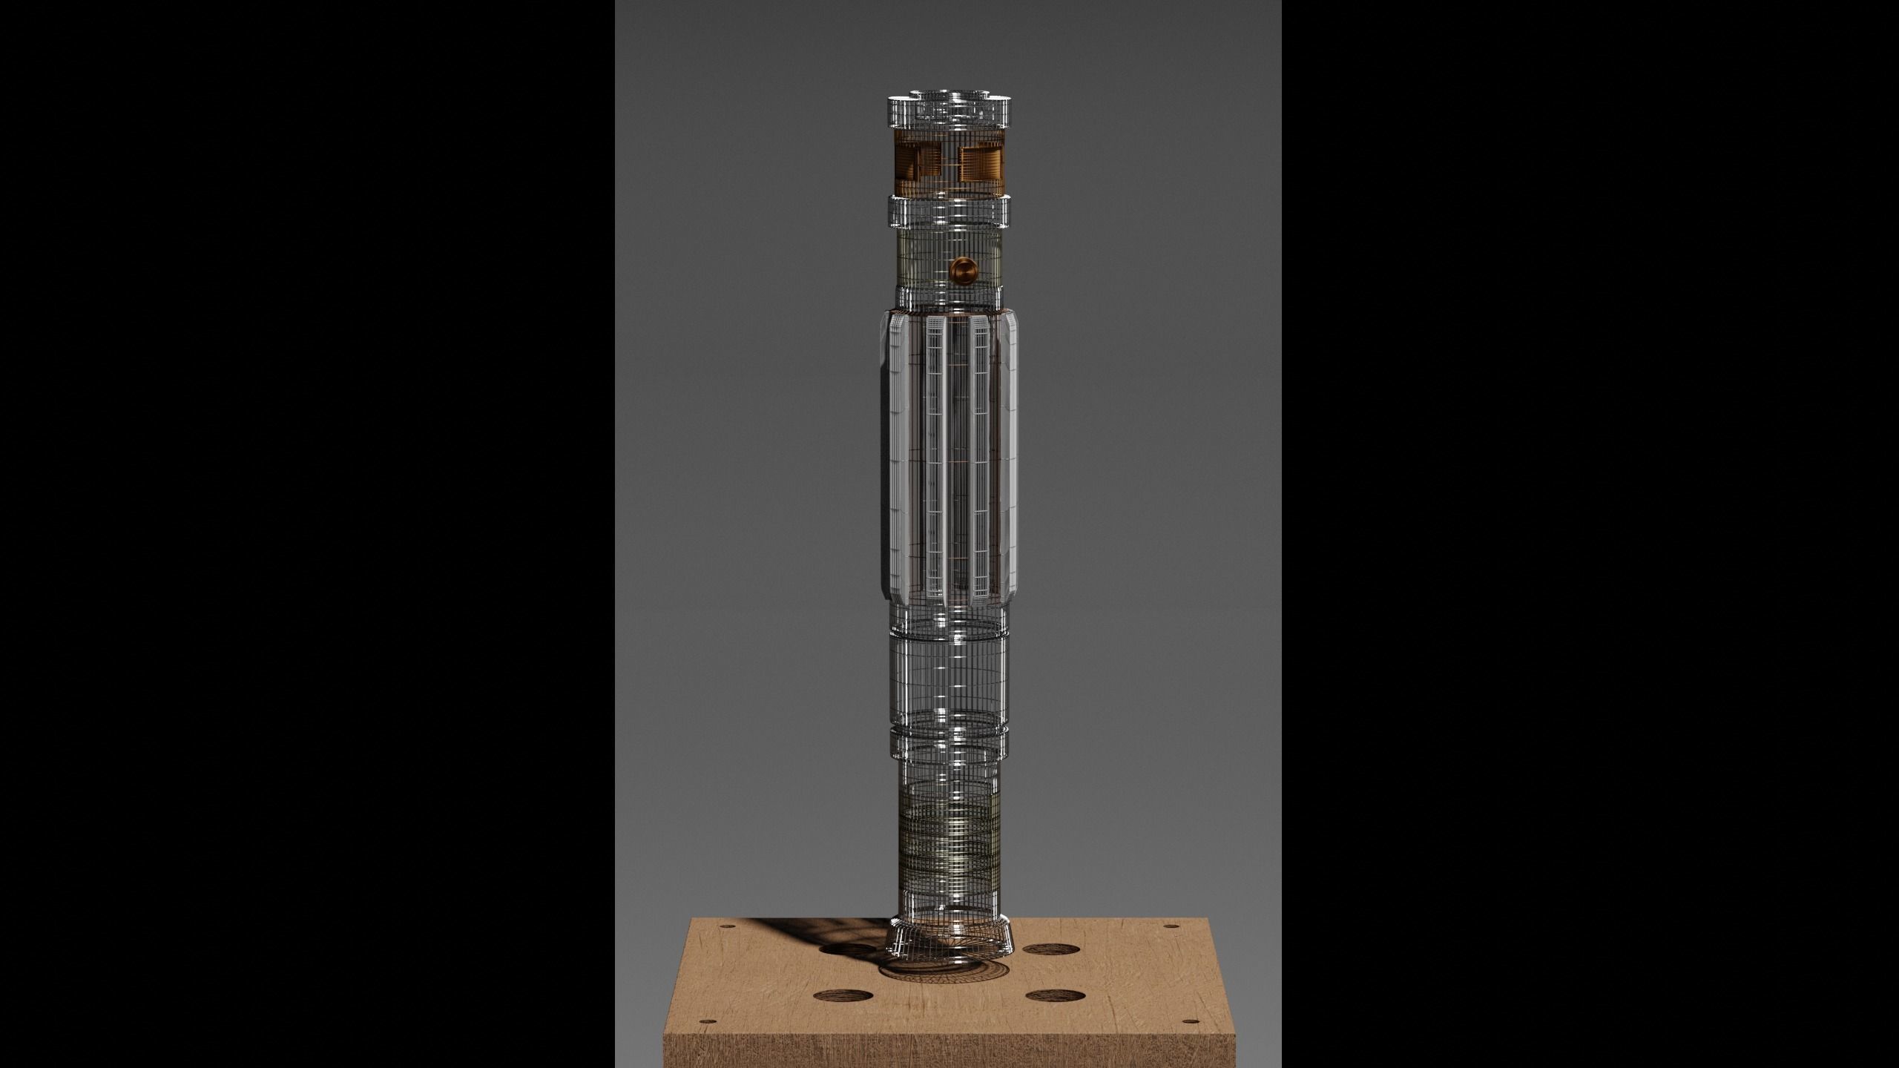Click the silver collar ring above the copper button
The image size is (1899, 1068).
tap(949, 211)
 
